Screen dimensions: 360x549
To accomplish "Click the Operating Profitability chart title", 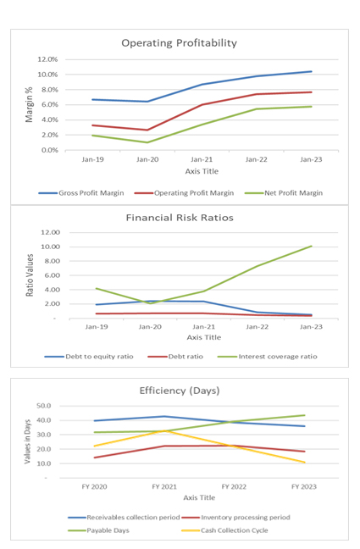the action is [x=179, y=43].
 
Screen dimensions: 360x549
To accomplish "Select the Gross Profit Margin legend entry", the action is [x=81, y=193].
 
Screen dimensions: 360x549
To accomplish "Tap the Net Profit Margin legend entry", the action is [x=284, y=193].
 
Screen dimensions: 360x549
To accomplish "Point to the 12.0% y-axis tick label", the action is [x=47, y=59].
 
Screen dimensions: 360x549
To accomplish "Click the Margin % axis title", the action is [x=29, y=105].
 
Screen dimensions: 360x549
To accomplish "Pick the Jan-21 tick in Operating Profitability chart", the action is [x=202, y=159].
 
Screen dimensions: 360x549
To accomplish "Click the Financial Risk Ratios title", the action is [x=180, y=218].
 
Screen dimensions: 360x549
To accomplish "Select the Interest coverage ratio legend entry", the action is [x=268, y=357].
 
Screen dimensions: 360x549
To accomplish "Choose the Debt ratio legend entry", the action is [x=175, y=357].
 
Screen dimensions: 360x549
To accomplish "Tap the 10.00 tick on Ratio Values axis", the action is [x=51, y=247].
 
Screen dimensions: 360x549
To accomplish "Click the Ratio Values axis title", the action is [x=30, y=275].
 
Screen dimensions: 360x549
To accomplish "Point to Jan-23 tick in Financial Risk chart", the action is [x=311, y=327].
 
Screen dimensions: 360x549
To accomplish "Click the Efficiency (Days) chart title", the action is [x=180, y=391].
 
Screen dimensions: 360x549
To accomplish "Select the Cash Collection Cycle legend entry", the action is [x=224, y=530].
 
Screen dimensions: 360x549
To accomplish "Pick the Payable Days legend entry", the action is [x=99, y=530].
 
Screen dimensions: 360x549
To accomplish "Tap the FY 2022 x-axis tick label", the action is [x=234, y=486].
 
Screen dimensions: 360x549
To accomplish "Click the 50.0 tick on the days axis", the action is [x=44, y=406].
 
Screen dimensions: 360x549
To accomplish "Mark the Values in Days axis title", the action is [x=28, y=442].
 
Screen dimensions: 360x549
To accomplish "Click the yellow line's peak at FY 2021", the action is [x=164, y=430].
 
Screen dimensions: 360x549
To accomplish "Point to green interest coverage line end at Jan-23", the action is [x=312, y=247].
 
